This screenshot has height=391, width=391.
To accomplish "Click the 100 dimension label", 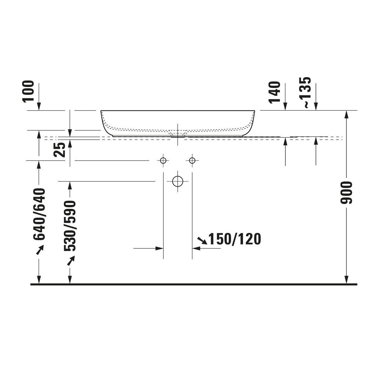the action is pyautogui.click(x=29, y=92).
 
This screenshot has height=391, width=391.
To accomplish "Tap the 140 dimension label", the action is pyautogui.click(x=274, y=93).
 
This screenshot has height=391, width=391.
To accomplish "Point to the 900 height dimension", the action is pyautogui.click(x=346, y=193).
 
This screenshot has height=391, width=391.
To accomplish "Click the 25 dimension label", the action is pyautogui.click(x=59, y=150).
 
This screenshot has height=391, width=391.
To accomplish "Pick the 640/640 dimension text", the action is pyautogui.click(x=39, y=214).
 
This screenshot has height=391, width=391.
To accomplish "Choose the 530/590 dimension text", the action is pyautogui.click(x=70, y=226).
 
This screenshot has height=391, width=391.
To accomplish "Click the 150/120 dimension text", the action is pyautogui.click(x=235, y=239).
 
